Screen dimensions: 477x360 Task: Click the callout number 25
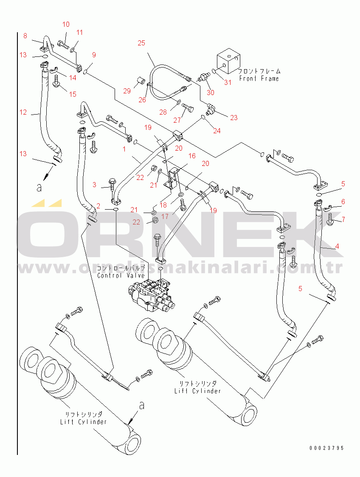click(x=141, y=43)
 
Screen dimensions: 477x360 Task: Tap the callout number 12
click(x=23, y=112)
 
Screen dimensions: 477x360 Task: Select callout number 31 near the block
click(x=228, y=82)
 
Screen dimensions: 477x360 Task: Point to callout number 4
click(x=337, y=246)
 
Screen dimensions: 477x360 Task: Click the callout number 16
click(x=192, y=156)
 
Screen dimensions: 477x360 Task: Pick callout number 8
click(x=25, y=36)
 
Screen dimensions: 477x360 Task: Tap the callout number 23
click(x=234, y=118)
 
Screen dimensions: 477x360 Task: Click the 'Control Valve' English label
click(x=121, y=275)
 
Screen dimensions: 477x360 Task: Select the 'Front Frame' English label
click(x=259, y=79)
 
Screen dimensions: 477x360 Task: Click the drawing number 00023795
click(x=326, y=448)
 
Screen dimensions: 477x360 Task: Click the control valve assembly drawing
click(x=151, y=297)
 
